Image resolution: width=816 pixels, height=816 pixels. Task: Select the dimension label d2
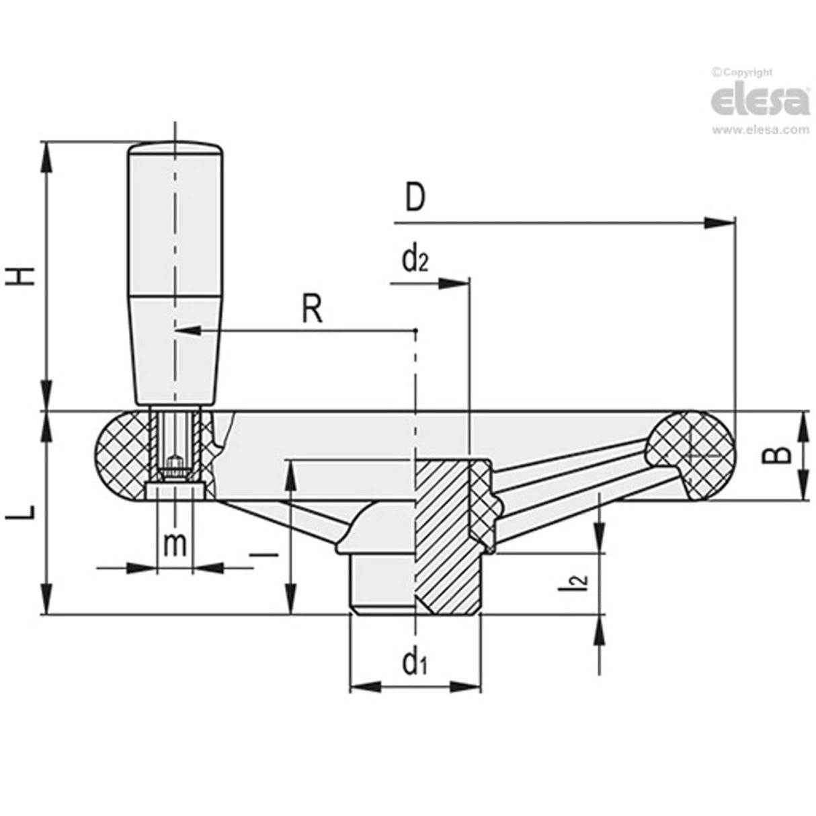415,260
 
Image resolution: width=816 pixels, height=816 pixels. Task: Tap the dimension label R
312,310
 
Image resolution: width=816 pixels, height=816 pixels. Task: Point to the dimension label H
24,275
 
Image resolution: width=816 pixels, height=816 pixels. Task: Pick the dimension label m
175,543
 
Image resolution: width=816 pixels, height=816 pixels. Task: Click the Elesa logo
760,100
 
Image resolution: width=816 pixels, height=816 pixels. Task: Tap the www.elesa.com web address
760,130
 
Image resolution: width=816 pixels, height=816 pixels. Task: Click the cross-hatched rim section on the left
121,456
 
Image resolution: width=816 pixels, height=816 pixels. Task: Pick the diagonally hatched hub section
440,531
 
